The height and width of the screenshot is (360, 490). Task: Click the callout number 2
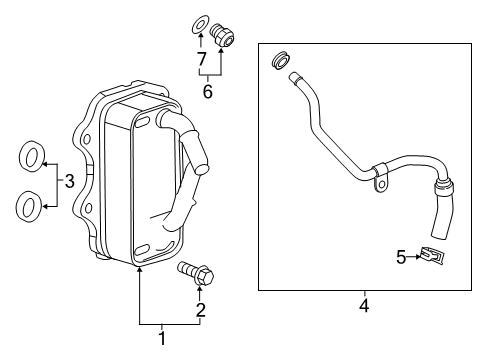point(200,311)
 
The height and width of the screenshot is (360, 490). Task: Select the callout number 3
point(69,182)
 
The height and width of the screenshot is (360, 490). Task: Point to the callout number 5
point(400,257)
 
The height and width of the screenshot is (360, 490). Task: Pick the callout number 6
point(208,91)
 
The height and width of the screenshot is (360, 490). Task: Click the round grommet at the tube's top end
point(280,61)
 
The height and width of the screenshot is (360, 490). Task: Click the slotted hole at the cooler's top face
point(141,121)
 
